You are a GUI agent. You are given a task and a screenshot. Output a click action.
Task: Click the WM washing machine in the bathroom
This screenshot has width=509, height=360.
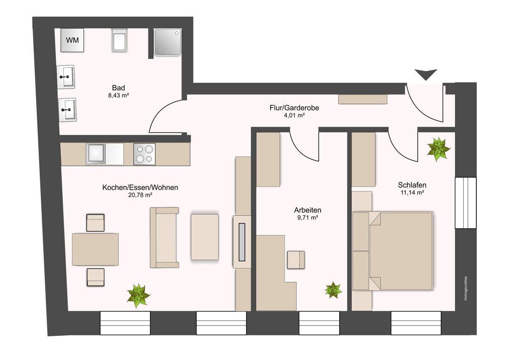click(72, 40)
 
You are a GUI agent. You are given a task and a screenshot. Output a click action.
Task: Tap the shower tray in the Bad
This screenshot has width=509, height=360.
click(168, 42)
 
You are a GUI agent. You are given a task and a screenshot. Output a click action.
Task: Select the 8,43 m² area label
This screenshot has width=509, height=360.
click(118, 95)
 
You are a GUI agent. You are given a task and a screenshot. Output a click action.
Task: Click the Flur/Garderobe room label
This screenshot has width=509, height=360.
click(294, 107)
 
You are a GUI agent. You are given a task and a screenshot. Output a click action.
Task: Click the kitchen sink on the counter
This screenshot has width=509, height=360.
click(96, 154)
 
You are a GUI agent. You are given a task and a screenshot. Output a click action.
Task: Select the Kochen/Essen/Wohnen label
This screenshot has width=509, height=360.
click(140, 187)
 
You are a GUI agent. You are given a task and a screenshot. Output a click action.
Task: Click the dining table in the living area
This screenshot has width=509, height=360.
click(95, 249)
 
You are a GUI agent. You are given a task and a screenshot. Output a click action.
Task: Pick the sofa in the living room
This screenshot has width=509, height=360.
click(164, 237)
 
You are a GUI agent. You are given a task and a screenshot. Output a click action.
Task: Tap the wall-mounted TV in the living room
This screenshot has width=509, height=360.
click(242, 242)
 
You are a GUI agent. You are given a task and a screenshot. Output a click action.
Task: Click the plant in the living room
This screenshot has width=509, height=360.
click(138, 295)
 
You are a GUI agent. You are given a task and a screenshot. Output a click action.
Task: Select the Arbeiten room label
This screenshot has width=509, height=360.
click(308, 210)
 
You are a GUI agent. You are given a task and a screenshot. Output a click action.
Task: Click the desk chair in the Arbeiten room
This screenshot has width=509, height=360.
click(296, 260)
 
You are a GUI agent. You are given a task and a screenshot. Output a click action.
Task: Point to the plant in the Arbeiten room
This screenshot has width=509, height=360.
click(333, 290)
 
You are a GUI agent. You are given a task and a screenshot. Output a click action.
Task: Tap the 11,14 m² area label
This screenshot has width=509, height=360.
click(412, 193)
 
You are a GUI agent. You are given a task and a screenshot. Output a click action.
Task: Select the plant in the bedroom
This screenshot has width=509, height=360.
click(439, 149)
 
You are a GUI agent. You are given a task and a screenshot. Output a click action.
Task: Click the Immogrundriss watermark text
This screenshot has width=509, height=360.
click(466, 289)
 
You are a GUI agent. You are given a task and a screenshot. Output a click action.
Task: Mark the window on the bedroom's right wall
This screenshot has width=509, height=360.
click(466, 202)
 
